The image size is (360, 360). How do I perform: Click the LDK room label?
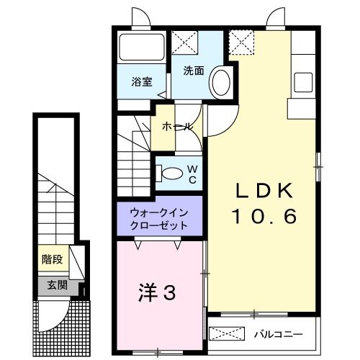pos(264,191)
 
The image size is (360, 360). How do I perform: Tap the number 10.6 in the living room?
pos(264,215)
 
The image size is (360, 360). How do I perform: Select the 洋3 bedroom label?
pos(157,292)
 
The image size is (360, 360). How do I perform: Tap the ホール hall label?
pos(177,126)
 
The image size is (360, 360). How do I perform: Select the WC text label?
pos(192,174)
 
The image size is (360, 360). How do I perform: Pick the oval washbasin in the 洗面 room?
pos(220,81)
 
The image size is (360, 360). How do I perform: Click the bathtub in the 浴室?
pos(140,49)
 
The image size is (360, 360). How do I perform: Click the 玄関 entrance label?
pos(57,284)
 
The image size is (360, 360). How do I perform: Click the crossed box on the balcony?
pos(227,335)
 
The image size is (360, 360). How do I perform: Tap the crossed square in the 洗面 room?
pos(186,43)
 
